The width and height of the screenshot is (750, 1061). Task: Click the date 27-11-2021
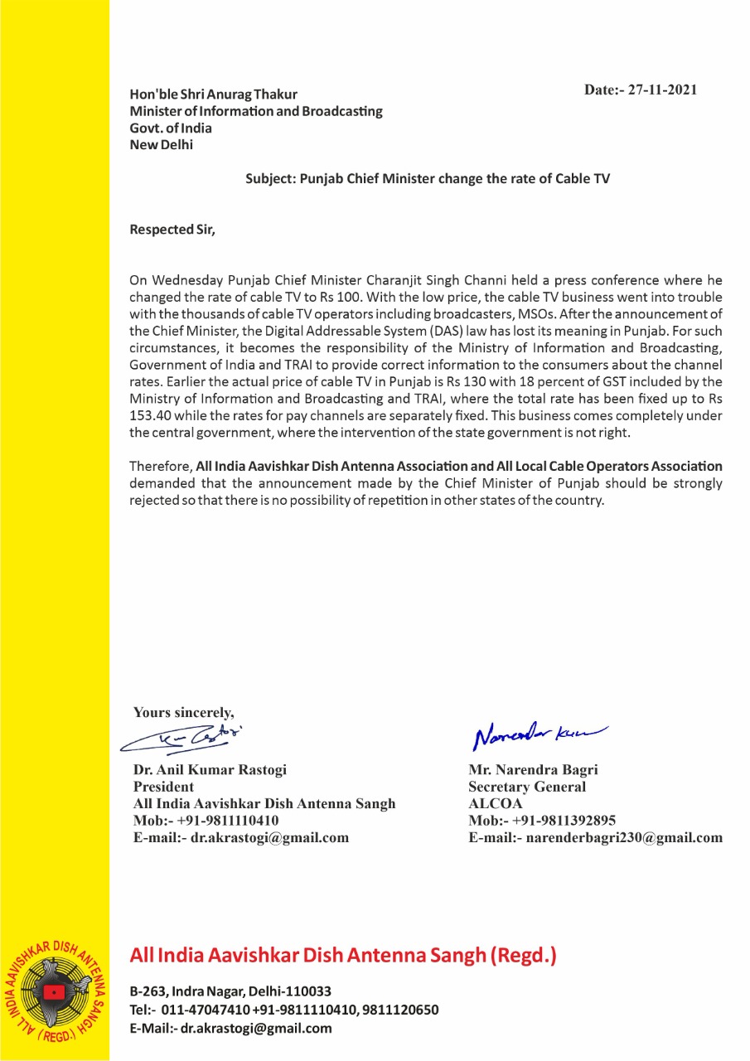point(662,90)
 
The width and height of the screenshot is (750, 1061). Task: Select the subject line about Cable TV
point(427,178)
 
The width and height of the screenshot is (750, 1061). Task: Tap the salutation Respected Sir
point(172,230)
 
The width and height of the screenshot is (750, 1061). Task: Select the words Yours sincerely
point(184,711)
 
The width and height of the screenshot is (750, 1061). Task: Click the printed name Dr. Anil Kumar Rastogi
point(210,770)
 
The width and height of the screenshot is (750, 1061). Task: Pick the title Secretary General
point(527,787)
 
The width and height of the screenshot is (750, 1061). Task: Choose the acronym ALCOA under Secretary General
point(496,803)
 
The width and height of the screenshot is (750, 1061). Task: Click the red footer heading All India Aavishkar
point(343,956)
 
